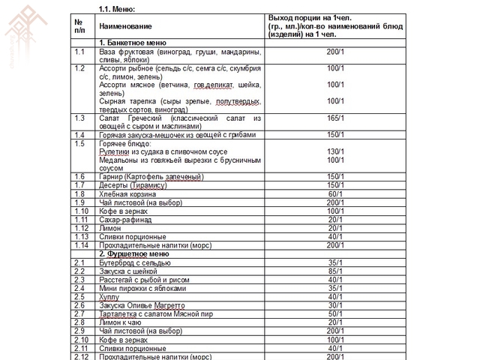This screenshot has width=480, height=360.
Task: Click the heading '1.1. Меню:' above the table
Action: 116,8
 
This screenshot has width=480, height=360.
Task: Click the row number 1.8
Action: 79,193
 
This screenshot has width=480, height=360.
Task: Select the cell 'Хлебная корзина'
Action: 126,193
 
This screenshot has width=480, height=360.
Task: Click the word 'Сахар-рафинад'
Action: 125,219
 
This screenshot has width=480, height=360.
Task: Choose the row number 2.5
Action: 79,297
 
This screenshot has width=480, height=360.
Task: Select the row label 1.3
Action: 79,118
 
